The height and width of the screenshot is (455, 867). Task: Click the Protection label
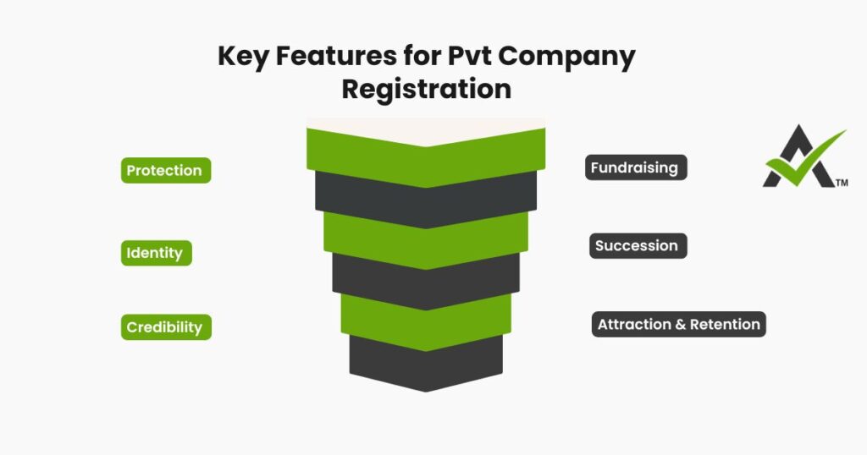(164, 171)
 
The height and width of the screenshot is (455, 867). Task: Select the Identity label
(155, 253)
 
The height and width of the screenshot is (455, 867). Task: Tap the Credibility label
(164, 327)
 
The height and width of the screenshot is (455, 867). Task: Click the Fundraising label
(634, 167)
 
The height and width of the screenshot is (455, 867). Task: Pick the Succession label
(636, 246)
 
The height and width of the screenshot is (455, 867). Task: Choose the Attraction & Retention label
(678, 325)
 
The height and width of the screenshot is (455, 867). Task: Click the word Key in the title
(243, 58)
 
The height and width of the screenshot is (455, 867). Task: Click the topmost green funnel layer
(426, 161)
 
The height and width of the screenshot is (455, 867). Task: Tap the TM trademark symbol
(842, 183)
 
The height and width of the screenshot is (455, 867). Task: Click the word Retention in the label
(725, 325)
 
